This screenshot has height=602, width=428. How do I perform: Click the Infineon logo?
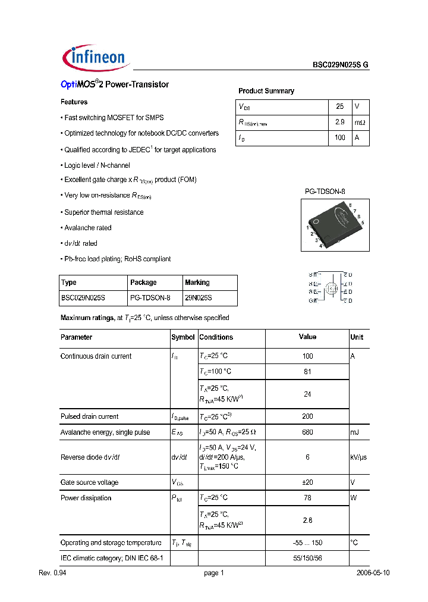coord(95,57)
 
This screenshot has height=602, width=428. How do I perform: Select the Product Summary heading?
coord(266,91)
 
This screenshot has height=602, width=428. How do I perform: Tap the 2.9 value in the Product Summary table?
coord(340,122)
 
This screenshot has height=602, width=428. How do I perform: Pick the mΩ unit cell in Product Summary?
coord(360,122)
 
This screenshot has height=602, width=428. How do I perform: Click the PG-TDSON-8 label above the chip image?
coord(325,192)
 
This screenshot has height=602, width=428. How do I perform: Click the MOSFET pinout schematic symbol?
coord(331,288)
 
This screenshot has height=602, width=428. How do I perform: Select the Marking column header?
coord(197,283)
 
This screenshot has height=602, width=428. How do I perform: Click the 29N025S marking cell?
coord(199,297)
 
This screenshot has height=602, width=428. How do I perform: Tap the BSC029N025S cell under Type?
coord(85,297)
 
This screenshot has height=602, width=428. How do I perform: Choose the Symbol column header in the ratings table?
coord(183,337)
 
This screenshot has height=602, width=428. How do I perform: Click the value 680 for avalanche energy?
coord(307,432)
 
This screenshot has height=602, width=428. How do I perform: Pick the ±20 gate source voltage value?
coord(307,482)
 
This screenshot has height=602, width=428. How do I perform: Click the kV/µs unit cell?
coord(358,457)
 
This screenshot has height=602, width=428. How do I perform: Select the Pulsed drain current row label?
coord(89,416)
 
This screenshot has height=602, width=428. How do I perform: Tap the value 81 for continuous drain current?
coord(307,372)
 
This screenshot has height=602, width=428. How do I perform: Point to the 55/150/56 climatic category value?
coord(307,559)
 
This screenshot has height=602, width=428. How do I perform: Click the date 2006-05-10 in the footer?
coord(373,573)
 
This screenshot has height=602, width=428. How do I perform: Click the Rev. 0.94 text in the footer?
coord(51,573)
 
